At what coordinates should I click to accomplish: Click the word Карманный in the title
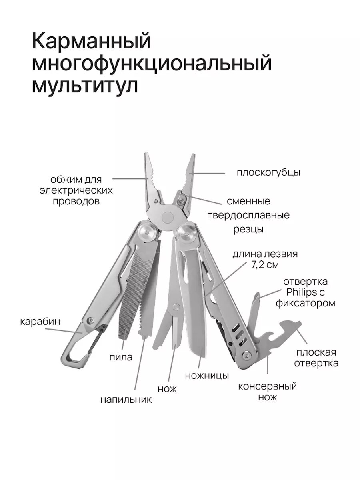91,42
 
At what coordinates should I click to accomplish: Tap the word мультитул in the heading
84,85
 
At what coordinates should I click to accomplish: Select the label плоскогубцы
268,173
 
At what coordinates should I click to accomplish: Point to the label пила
120,357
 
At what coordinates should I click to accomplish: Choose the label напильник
126,399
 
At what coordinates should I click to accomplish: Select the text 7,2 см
266,264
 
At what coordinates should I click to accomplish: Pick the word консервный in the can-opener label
267,386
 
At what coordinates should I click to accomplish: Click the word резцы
248,230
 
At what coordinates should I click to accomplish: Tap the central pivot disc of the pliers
168,216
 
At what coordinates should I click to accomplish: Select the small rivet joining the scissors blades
176,307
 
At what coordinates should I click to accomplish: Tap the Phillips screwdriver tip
258,296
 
